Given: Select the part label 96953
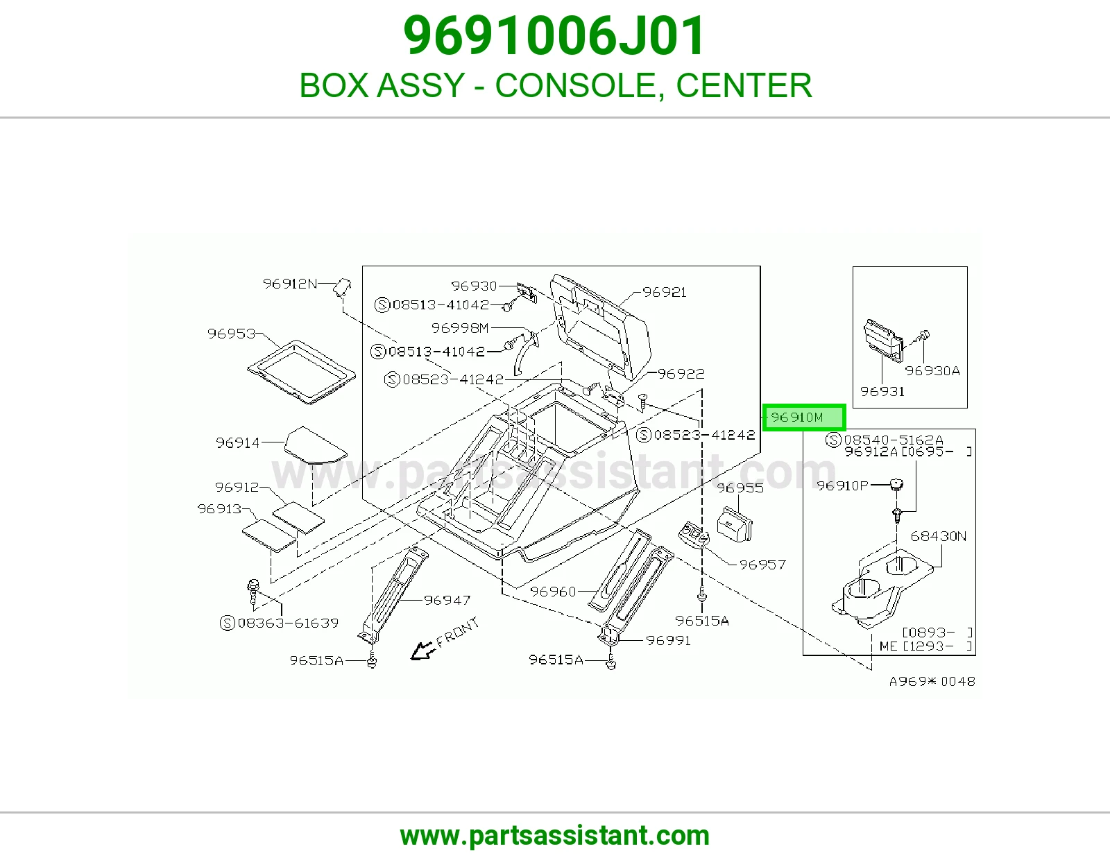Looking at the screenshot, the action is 231,334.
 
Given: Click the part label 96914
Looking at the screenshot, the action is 237,442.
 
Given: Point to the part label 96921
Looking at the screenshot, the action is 665,292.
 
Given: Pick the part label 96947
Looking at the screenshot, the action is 447,600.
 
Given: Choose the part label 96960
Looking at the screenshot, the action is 553,592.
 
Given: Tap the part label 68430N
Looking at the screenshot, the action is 939,536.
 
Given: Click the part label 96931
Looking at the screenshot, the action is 882,391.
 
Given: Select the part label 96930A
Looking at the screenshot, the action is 932,371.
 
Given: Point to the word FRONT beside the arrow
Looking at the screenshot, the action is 458,633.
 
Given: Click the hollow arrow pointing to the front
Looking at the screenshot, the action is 423,651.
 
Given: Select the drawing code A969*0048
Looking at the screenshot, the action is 932,681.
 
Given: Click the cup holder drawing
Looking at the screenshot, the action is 882,588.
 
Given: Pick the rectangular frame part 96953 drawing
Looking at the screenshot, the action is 301,371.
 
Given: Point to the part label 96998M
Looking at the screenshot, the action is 460,328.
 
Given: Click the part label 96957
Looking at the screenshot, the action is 762,565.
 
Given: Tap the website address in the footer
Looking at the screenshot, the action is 555,836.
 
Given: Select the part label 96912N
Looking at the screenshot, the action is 289,284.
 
